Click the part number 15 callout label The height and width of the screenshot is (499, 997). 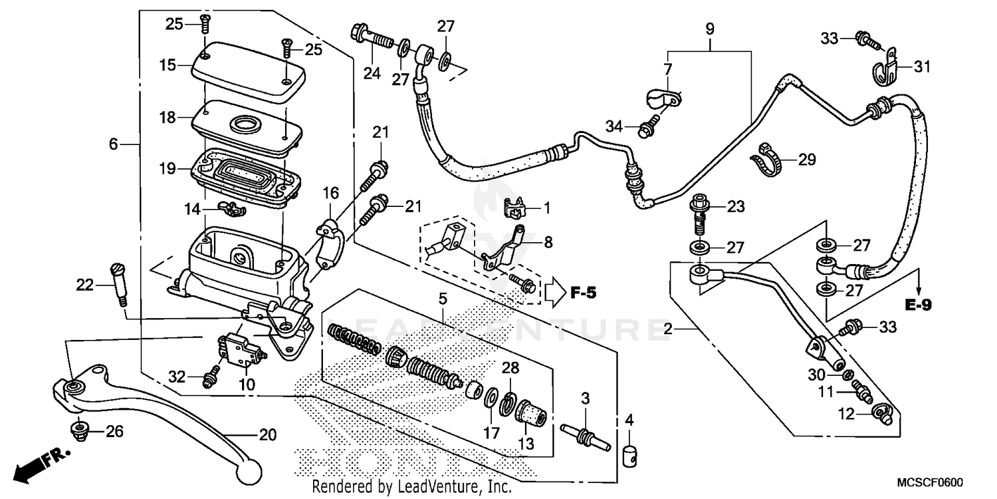coord(167,65)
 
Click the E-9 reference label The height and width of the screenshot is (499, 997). coord(918,305)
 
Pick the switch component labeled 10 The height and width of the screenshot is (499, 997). coord(235,348)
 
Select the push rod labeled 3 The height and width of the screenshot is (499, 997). coord(585,436)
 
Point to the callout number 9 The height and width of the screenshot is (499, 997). coord(710,29)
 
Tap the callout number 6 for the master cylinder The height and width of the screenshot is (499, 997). coord(114,144)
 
